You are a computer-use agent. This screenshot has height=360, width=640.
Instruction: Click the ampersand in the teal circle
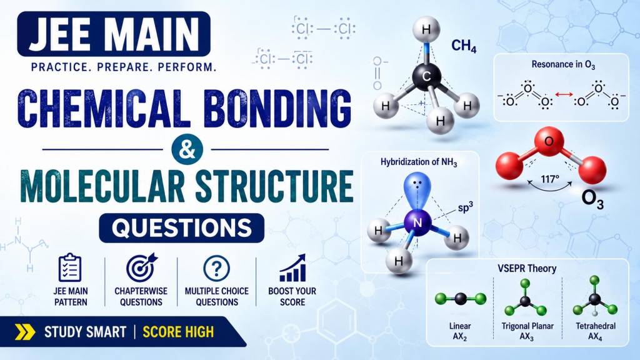point(187,149)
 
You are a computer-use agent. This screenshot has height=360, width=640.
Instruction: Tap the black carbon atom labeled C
point(426,76)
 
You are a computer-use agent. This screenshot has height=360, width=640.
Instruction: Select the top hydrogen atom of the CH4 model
point(426,29)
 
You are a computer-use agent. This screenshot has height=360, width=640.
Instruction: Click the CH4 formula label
point(464,46)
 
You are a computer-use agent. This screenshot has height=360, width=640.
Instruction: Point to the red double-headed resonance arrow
point(564,95)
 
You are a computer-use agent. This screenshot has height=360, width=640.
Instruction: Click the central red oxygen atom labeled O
point(549,142)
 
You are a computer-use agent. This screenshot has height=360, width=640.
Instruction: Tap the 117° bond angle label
point(550,179)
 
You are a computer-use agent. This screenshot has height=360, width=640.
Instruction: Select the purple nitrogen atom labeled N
point(417,222)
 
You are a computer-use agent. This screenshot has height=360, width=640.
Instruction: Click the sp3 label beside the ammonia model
point(465,207)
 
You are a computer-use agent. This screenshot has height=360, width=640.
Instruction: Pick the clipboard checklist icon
point(70,267)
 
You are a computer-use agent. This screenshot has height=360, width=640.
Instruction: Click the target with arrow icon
point(141,267)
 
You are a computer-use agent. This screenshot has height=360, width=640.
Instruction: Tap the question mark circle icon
point(216,269)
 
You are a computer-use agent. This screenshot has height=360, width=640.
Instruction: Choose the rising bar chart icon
point(292,268)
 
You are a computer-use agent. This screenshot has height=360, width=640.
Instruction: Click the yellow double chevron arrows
point(25,332)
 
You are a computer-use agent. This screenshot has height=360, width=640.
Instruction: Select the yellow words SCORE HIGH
point(178,332)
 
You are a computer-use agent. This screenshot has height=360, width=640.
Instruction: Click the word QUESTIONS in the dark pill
point(182,228)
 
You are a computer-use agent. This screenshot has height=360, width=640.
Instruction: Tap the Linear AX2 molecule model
point(461,299)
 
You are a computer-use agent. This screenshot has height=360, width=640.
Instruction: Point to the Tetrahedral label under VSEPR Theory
point(596,326)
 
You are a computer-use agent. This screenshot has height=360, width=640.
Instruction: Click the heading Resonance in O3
point(563,64)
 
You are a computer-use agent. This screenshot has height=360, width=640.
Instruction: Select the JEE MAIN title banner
point(114,34)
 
